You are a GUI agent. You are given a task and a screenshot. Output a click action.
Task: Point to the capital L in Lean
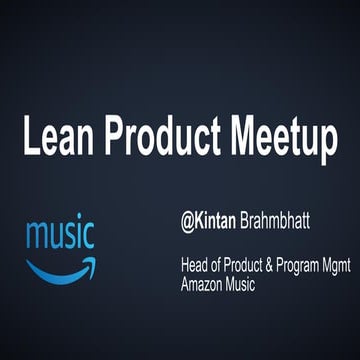[x=30, y=140]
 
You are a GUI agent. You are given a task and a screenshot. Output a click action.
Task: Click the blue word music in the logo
[x=60, y=237]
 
